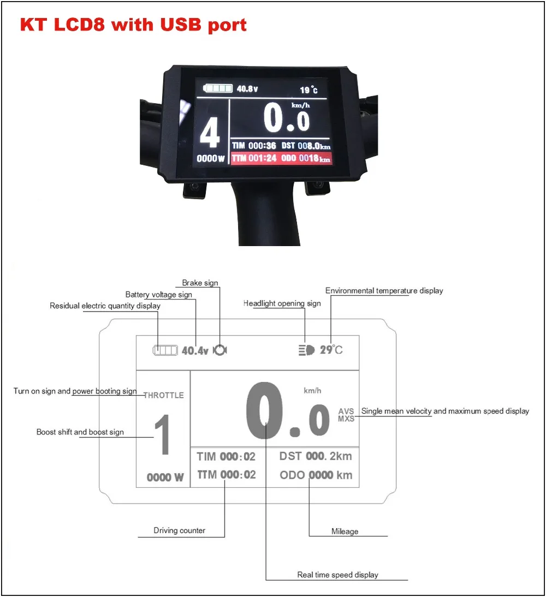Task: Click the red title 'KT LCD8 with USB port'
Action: tap(133, 25)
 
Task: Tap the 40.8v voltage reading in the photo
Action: tap(247, 88)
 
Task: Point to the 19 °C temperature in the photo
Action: tap(308, 90)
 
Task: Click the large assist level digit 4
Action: tap(210, 133)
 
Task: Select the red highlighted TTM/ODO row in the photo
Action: tap(281, 159)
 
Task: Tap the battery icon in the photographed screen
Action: tap(218, 88)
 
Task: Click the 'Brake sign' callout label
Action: tap(200, 283)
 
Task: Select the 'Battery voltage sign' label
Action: tap(159, 295)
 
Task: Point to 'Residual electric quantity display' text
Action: tap(105, 306)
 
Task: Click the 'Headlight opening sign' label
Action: tap(282, 303)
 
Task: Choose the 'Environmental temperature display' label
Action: tap(384, 291)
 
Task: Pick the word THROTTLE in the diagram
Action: tap(163, 395)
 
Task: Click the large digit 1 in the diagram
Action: tap(162, 435)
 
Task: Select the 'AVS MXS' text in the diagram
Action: tap(346, 415)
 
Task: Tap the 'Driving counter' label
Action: tap(179, 530)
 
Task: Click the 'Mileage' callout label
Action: tap(345, 531)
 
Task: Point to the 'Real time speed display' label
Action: tap(337, 575)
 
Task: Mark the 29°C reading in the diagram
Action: tap(331, 350)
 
